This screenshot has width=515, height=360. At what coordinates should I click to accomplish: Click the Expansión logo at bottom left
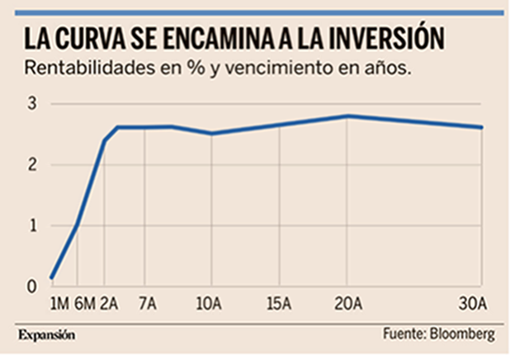(x=47, y=335)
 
